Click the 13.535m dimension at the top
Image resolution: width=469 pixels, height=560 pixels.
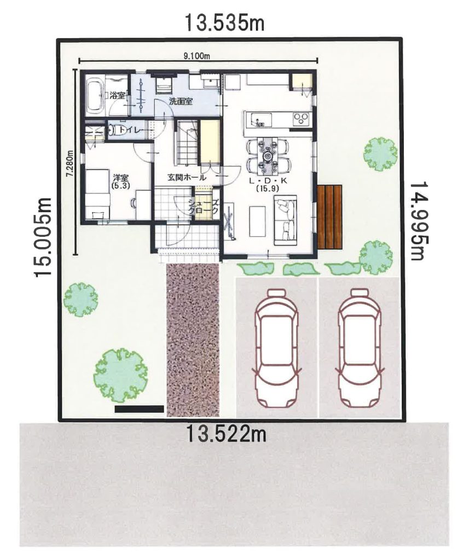pos(224,22)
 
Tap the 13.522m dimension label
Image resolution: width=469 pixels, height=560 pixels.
pos(225,434)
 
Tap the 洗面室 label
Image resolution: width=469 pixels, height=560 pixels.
pos(181,101)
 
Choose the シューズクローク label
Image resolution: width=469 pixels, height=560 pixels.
pos(203,207)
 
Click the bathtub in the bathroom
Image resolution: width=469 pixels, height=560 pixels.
pos(95,95)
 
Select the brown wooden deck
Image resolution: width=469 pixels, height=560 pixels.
pos(329,217)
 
